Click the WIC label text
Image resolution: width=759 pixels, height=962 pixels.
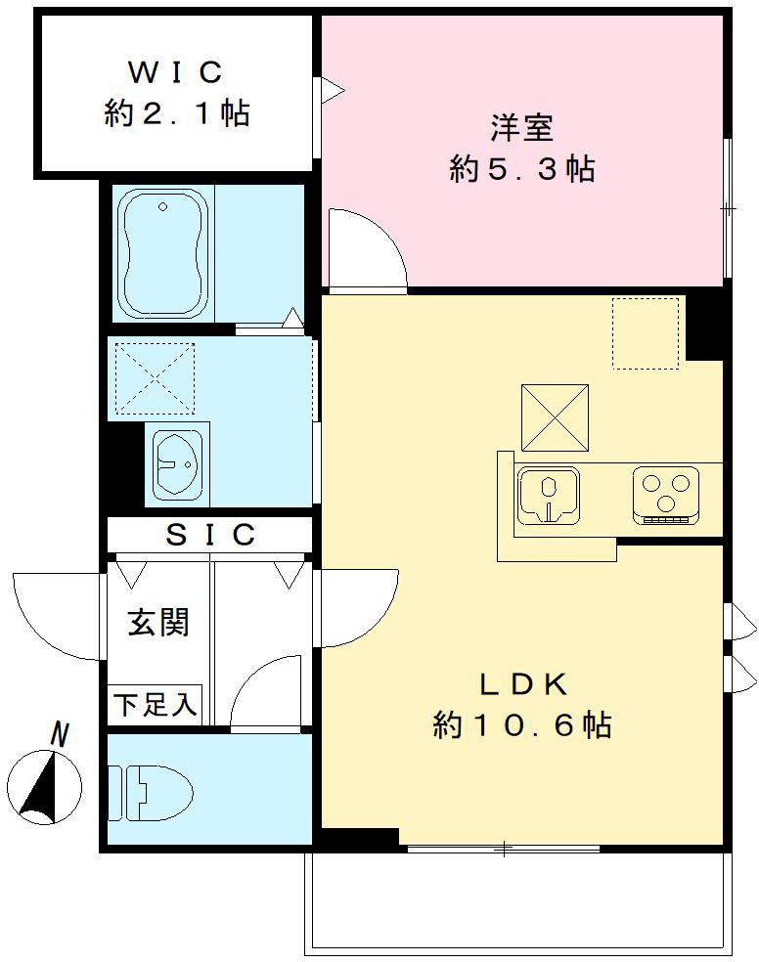[176, 71]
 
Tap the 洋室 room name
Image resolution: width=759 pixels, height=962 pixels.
[521, 128]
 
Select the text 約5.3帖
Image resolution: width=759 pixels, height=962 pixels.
[521, 170]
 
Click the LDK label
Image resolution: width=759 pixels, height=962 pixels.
[523, 683]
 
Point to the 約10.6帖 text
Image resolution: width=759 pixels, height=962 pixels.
[523, 725]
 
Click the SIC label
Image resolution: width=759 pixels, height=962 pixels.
[210, 535]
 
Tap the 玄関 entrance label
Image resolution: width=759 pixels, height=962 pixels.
[156, 622]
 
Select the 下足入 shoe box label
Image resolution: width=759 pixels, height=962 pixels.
[156, 704]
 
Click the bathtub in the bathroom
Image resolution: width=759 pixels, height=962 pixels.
[163, 254]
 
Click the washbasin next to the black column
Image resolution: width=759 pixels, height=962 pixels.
[177, 463]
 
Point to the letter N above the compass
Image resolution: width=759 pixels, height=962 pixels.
[61, 734]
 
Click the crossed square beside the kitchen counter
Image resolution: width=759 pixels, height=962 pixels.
[555, 417]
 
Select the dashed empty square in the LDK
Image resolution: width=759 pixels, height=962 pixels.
[646, 333]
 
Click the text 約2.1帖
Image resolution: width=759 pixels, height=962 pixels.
[176, 113]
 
